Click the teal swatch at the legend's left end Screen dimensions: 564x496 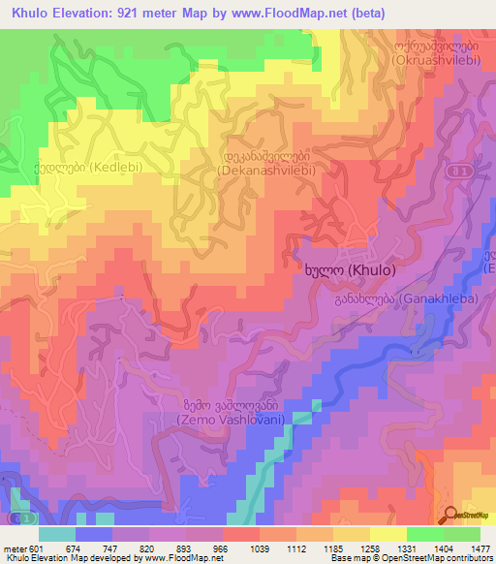(57, 533)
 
